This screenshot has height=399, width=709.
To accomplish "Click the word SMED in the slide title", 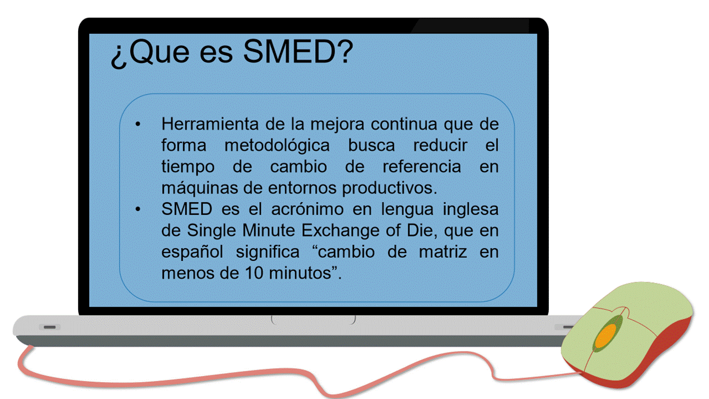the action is [x=290, y=52].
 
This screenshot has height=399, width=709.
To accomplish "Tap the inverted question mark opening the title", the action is [x=119, y=57].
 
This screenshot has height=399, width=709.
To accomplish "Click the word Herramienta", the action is [x=210, y=124].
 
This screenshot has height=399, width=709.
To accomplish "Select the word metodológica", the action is [x=277, y=145].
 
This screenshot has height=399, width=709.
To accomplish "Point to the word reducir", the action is [x=440, y=145].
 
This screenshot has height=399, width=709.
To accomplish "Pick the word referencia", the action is [x=422, y=167].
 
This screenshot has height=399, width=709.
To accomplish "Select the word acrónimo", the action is [x=307, y=209].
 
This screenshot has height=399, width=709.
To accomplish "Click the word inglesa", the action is [x=470, y=209].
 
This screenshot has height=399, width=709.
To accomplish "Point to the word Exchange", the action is [x=340, y=231].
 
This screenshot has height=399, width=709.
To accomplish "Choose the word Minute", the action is [x=269, y=231].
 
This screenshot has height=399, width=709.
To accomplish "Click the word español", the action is [x=192, y=252].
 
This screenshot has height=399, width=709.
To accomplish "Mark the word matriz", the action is [x=443, y=252].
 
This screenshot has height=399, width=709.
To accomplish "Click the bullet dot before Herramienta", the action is [x=138, y=124].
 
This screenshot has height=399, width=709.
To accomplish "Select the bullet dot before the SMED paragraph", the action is [x=138, y=209].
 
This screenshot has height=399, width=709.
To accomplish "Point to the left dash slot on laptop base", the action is [x=50, y=327].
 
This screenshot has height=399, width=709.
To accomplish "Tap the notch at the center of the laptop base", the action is [x=314, y=320].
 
